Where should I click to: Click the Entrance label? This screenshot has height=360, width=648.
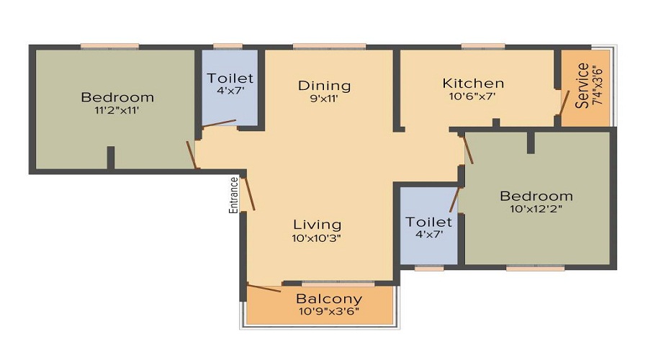tap(233, 194)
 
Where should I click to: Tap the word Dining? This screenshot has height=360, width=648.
tap(324, 86)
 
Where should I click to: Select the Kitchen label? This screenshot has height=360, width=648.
tap(473, 83)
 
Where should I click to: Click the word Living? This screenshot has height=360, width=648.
tap(317, 225)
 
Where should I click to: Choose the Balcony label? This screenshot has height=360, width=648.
tap(329, 299)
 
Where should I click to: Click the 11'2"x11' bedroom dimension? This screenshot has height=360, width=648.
tap(117, 111)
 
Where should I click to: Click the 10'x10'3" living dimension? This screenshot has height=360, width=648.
tap(316, 238)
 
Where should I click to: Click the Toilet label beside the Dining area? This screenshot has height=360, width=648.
tap(230, 78)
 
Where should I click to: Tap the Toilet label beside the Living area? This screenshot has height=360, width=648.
tap(428, 222)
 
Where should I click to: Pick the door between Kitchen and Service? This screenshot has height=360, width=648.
tap(564, 102)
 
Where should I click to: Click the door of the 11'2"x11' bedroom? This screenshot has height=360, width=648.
tap(192, 155)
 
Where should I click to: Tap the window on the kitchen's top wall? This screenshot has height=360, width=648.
tap(482, 47)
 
